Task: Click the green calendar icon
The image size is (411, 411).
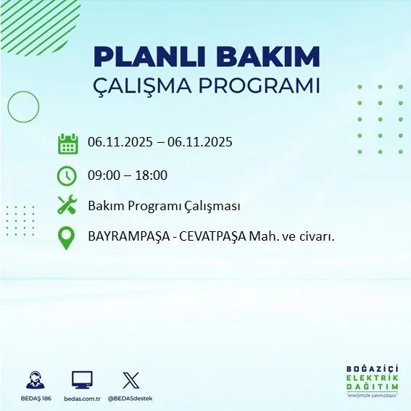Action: click(x=67, y=143)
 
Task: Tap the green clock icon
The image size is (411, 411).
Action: click(x=67, y=175)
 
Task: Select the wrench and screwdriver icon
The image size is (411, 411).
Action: click(x=67, y=206)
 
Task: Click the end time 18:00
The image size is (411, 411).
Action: click(x=151, y=175)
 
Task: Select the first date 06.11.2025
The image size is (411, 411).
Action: click(x=120, y=142)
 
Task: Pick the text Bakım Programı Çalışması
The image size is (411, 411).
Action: click(x=164, y=206)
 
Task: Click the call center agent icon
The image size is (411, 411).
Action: click(x=34, y=379)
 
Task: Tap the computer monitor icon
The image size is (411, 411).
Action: click(x=82, y=379)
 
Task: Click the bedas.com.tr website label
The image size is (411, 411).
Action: click(x=81, y=399)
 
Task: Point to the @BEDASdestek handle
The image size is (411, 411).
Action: click(x=131, y=399)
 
